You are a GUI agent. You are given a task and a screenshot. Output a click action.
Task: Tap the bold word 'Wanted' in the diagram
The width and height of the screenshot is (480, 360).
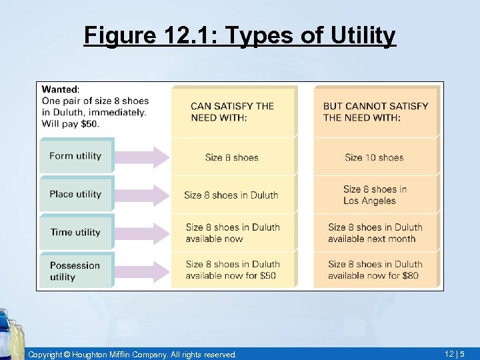60,89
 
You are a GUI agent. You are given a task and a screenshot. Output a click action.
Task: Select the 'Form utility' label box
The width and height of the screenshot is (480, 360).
76,156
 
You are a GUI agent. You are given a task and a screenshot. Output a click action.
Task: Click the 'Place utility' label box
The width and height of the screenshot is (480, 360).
76,194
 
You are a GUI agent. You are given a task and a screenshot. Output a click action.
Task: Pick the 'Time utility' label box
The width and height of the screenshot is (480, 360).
76,232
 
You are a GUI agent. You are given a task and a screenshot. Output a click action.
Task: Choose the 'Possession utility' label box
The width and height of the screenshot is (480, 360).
76,270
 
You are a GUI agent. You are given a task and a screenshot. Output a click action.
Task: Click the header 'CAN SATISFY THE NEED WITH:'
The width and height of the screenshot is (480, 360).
232,111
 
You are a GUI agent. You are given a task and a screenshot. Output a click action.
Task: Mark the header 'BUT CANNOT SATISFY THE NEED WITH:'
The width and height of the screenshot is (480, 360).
375,111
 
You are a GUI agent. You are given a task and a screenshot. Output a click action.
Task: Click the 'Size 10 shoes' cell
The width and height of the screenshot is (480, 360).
374,157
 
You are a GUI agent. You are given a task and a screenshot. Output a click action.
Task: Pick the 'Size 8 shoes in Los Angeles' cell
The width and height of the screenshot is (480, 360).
374,195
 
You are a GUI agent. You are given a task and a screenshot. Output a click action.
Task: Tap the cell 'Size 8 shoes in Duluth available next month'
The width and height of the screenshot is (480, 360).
375,233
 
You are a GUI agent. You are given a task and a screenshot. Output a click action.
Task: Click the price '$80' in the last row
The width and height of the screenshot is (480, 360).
410,275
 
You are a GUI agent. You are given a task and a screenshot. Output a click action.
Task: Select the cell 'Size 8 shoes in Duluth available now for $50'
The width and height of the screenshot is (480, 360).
232,270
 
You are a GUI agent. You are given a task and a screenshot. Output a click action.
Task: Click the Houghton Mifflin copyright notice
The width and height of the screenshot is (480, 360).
132,355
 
